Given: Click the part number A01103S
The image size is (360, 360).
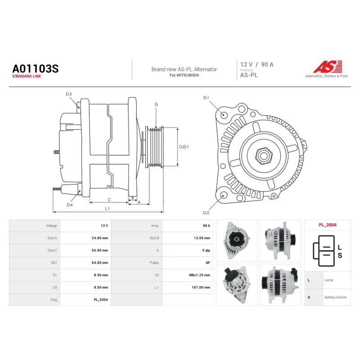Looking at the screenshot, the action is click(36, 69).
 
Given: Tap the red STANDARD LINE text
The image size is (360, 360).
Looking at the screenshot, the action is click(27, 76).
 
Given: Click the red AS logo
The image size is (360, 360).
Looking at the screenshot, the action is click(328, 67).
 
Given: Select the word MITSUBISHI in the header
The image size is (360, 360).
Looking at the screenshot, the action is click(188, 75).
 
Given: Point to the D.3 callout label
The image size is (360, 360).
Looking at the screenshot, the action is click(69, 94).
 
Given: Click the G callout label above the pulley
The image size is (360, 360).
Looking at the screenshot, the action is click(156, 104).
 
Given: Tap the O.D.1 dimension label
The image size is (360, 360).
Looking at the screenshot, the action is click(184, 147).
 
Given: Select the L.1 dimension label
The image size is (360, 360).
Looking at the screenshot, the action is click(107, 208).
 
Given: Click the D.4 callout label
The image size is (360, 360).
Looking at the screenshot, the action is click(70, 205).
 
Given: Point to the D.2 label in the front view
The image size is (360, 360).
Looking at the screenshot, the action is click(206, 213).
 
